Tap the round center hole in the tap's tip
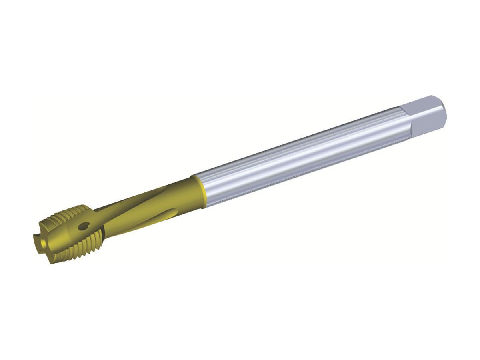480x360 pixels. tap(39, 242)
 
